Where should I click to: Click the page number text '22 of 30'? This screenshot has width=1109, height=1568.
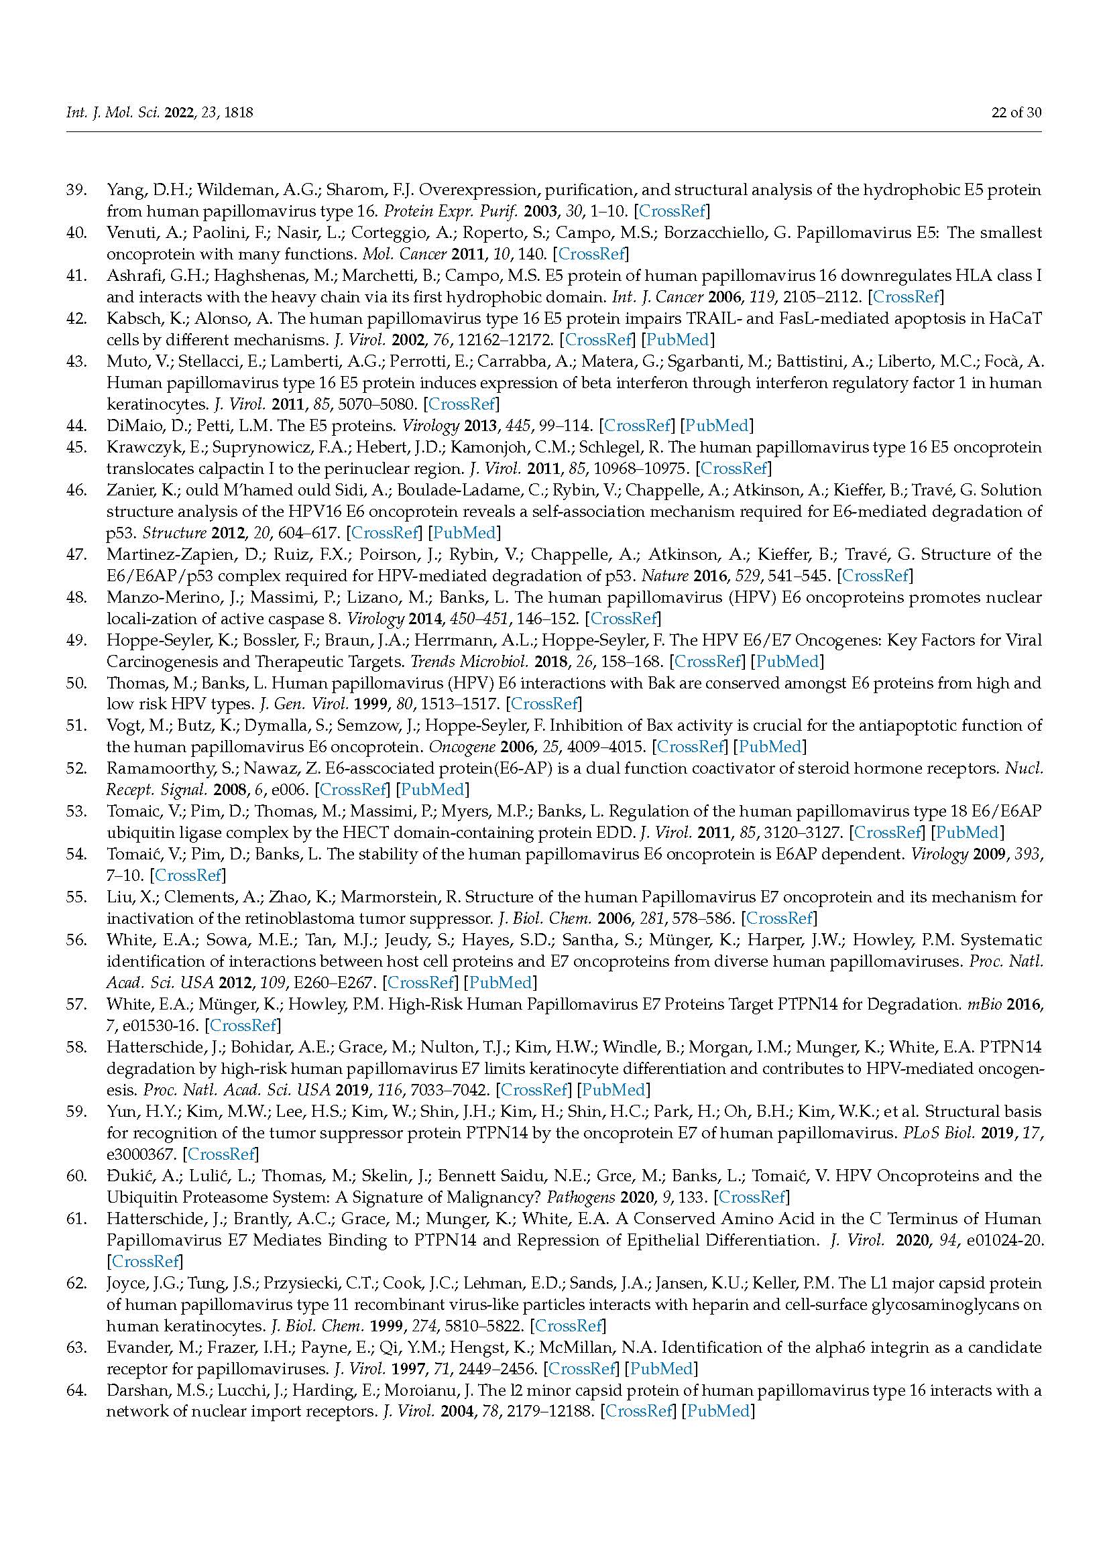point(1016,113)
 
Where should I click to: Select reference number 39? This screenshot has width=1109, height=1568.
point(76,190)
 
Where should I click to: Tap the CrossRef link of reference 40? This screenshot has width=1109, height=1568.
point(592,254)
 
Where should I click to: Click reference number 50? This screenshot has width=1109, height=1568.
point(76,683)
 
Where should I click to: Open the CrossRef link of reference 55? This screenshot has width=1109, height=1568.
point(779,918)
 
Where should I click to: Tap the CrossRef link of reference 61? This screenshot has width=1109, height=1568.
point(145,1262)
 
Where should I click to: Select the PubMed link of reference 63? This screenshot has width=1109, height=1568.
point(660,1369)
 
